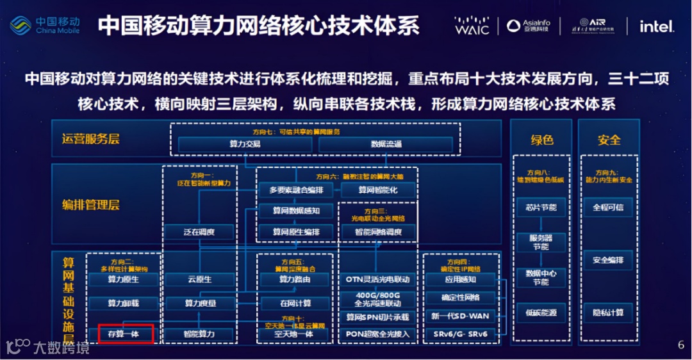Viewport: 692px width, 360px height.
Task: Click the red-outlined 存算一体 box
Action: tap(126, 334)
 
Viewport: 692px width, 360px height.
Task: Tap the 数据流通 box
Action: tap(386, 144)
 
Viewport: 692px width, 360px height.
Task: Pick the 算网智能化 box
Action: tap(378, 190)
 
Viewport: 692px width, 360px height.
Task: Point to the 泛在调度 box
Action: tap(199, 232)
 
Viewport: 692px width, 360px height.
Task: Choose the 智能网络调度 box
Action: tap(378, 232)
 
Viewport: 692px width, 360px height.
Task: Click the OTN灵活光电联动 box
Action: tap(377, 279)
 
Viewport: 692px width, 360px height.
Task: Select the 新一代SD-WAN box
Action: tap(460, 316)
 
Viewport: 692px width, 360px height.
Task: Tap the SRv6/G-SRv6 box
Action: tap(460, 334)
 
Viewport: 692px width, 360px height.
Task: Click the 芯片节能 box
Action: tap(541, 207)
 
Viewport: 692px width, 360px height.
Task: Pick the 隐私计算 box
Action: tap(608, 313)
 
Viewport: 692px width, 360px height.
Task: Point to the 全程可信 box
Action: tap(608, 207)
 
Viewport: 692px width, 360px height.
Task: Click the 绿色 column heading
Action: tap(541, 140)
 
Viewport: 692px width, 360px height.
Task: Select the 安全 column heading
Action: tap(608, 140)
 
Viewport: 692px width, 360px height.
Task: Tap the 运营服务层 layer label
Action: tap(91, 139)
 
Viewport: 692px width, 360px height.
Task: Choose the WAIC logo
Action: tap(472, 26)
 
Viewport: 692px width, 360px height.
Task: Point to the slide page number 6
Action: tap(681, 345)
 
